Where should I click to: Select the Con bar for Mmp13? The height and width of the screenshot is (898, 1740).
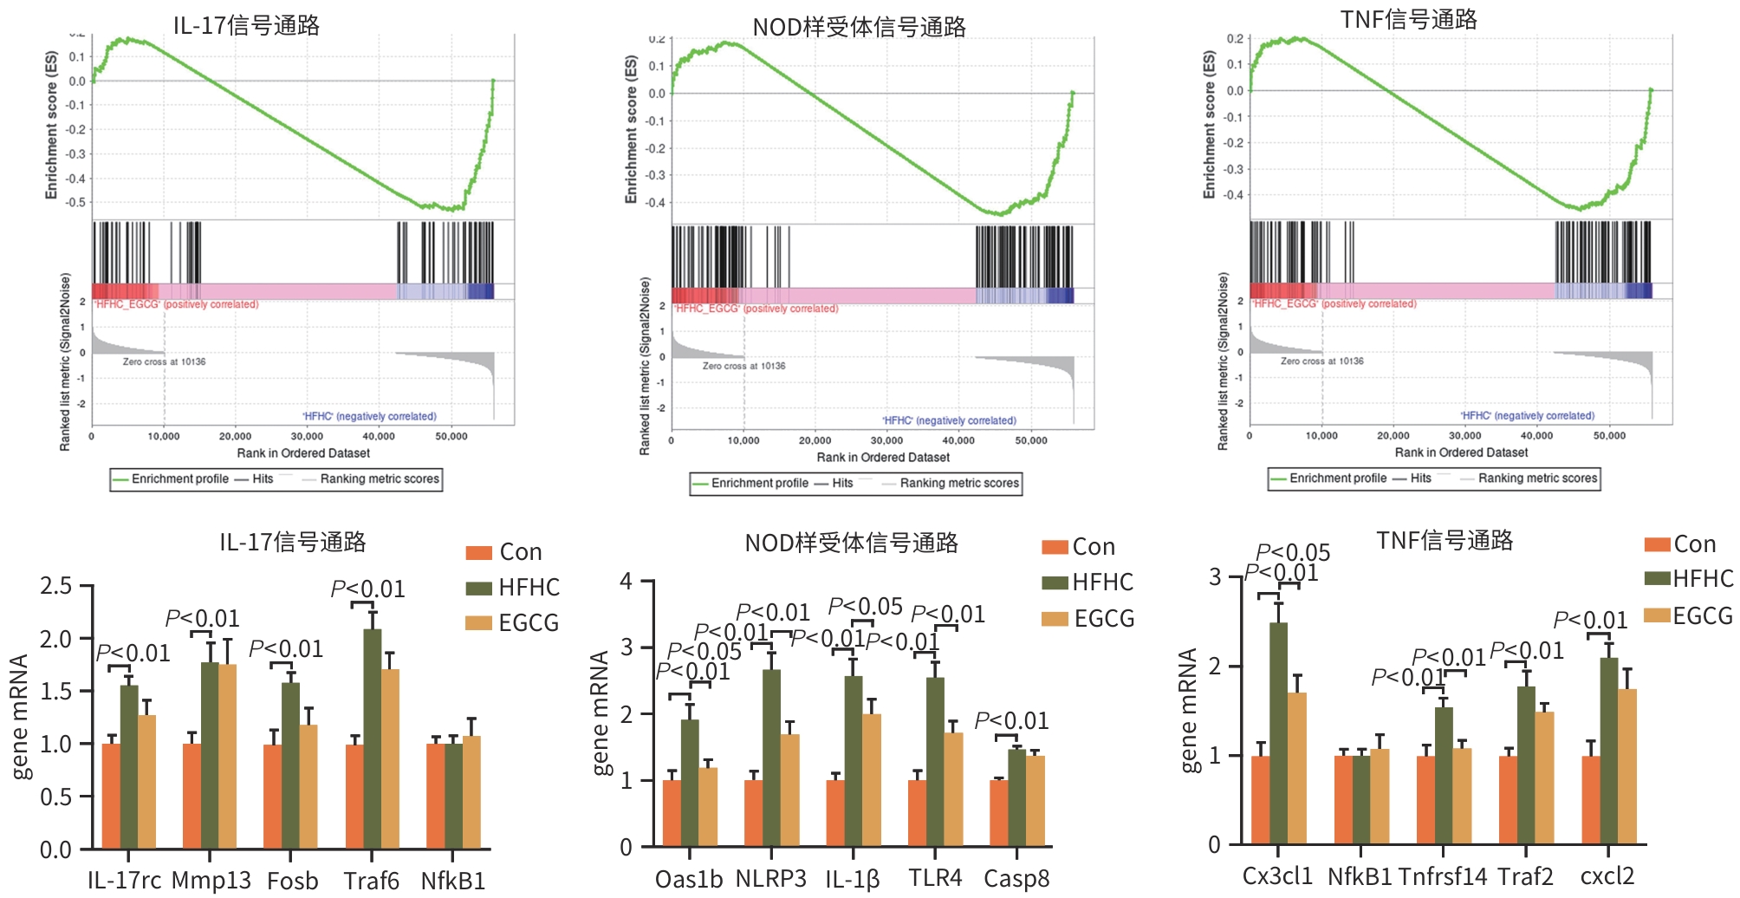pos(192,796)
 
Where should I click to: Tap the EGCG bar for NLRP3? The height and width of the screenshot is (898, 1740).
pos(789,790)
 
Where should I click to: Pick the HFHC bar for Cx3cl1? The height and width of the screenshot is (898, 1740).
pos(1278,733)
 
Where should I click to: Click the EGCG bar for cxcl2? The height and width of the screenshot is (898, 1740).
pos(1626,766)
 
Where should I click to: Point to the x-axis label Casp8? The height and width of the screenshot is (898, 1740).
pos(1016,879)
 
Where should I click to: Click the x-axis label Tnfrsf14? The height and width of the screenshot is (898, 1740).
pos(1442,876)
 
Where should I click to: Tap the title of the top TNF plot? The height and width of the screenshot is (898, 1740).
pos(1408,19)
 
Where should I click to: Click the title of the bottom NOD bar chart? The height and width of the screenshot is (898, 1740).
pos(851,543)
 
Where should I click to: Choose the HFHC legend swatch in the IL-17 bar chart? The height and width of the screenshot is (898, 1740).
pos(478,589)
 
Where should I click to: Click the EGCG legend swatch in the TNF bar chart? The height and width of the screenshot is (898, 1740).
pos(1657,616)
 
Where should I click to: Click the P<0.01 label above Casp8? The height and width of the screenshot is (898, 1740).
pos(1011,721)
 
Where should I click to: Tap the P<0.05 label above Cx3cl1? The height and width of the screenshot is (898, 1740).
pos(1293,552)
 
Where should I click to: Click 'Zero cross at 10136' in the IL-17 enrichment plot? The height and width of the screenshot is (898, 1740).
pos(164,361)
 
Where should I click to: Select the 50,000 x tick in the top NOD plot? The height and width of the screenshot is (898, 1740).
pos(1030,441)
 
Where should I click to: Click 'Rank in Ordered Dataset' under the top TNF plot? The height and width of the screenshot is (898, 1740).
pos(1461,452)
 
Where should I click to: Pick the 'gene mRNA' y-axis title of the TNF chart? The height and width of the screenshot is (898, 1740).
pos(1189,710)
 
